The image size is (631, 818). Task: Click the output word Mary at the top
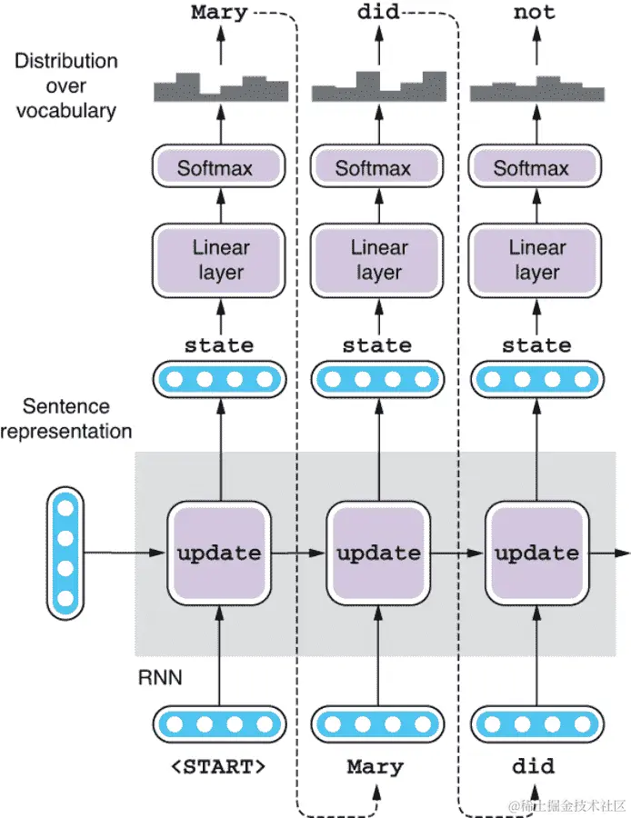point(219,14)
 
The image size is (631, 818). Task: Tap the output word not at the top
point(534,14)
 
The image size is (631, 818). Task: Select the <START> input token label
point(219,766)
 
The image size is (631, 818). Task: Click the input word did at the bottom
point(533,766)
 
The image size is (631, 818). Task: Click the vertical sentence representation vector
point(65,554)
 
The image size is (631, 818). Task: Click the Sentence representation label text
point(65,419)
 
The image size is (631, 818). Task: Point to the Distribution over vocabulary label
point(65,86)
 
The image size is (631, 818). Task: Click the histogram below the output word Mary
point(219,87)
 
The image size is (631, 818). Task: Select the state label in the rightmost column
point(536,345)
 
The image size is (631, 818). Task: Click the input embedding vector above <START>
point(218,724)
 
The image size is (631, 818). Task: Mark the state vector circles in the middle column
point(376,379)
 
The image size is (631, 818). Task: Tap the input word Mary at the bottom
point(375,766)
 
